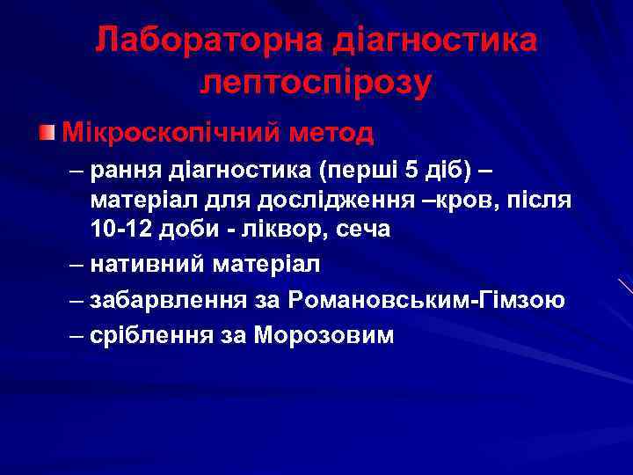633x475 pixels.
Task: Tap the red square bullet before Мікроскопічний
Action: click(46, 133)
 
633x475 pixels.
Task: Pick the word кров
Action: click(472, 201)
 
